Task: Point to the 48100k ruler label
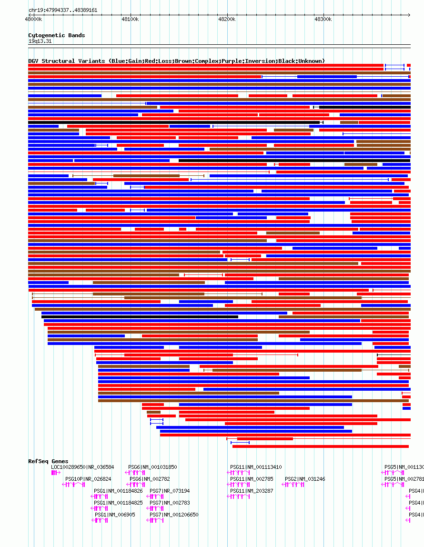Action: coord(130,20)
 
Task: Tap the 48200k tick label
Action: coord(227,20)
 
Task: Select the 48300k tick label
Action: coord(323,20)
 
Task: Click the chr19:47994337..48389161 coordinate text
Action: coord(63,10)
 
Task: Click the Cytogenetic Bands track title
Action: coord(56,35)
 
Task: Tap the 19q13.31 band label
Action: coord(40,41)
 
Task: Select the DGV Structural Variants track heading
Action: coord(176,61)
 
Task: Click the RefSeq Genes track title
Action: coord(48,461)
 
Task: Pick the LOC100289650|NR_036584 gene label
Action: coord(82,467)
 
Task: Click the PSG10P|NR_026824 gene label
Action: coord(88,479)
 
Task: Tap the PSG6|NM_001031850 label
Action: coord(152,467)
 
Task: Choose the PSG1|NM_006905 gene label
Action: coord(114,515)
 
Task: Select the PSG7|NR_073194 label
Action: coord(170,491)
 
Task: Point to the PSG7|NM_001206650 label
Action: coord(174,515)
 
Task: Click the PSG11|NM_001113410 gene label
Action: coord(256,467)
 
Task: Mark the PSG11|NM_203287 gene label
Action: coord(252,491)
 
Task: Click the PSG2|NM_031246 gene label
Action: coord(305,479)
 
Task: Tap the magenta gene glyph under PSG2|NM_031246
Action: coord(293,485)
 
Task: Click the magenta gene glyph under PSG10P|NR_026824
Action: coord(73,485)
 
